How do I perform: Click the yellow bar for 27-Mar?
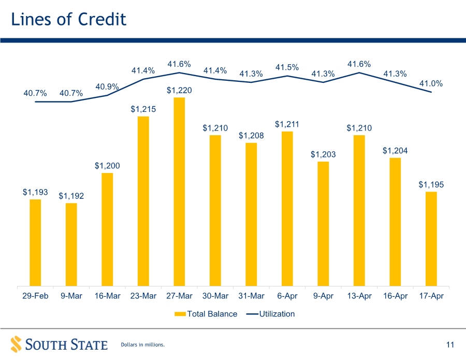point(179,192)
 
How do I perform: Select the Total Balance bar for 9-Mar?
point(71,244)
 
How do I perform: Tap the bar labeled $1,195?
point(431,239)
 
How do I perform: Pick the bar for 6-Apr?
point(287,209)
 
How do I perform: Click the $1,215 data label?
point(143,109)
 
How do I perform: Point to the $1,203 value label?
point(323,154)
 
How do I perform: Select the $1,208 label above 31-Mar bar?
point(251,136)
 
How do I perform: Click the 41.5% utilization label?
point(287,67)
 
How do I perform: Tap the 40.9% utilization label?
point(107,87)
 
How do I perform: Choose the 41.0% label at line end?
point(431,83)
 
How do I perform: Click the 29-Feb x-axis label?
point(35,296)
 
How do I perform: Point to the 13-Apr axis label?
point(359,296)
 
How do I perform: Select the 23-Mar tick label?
point(143,296)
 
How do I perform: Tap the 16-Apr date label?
point(395,296)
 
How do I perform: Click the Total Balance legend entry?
point(206,314)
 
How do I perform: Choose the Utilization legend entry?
point(270,314)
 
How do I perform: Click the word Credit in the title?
point(102,19)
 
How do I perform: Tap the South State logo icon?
point(16,344)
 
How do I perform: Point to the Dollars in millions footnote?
point(143,344)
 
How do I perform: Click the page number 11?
point(450,344)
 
